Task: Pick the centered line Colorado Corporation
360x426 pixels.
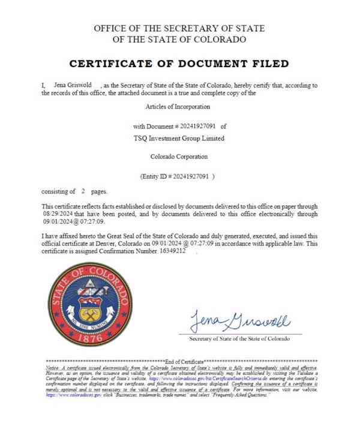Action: pyautogui.click(x=179, y=157)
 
